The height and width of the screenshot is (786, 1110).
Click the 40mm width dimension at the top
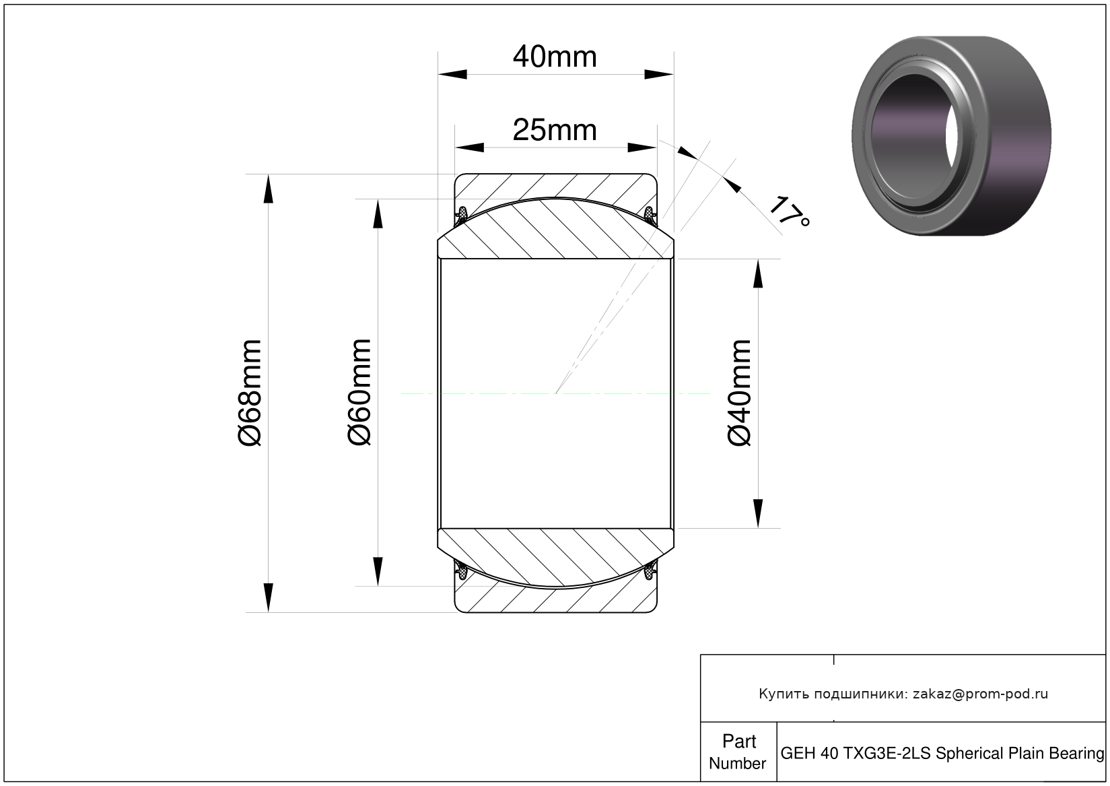(555, 57)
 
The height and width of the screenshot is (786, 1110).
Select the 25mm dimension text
(555, 130)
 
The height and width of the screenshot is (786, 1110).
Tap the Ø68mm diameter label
(249, 393)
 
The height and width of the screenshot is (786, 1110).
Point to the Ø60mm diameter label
(359, 392)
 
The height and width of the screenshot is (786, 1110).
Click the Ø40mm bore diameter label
(739, 393)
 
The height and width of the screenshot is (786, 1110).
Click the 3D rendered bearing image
(951, 135)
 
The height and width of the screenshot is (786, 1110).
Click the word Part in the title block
(739, 742)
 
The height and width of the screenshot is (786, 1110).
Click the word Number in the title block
(737, 763)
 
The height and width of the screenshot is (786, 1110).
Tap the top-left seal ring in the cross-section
(462, 214)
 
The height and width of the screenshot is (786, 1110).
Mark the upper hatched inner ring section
(555, 228)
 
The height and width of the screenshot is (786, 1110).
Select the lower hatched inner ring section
(555, 558)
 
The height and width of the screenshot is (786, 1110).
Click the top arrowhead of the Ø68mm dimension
(268, 189)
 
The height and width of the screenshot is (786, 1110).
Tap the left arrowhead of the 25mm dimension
(469, 148)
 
